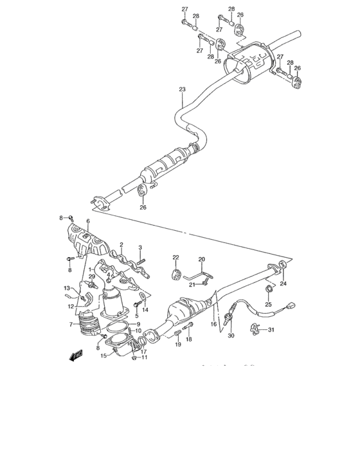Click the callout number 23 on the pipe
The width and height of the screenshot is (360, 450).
click(x=182, y=89)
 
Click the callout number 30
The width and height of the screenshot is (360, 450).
click(x=231, y=336)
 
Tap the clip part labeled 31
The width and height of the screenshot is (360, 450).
click(x=255, y=331)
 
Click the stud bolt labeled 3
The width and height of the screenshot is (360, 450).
click(x=141, y=262)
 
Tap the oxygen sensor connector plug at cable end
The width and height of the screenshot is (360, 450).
click(x=292, y=307)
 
